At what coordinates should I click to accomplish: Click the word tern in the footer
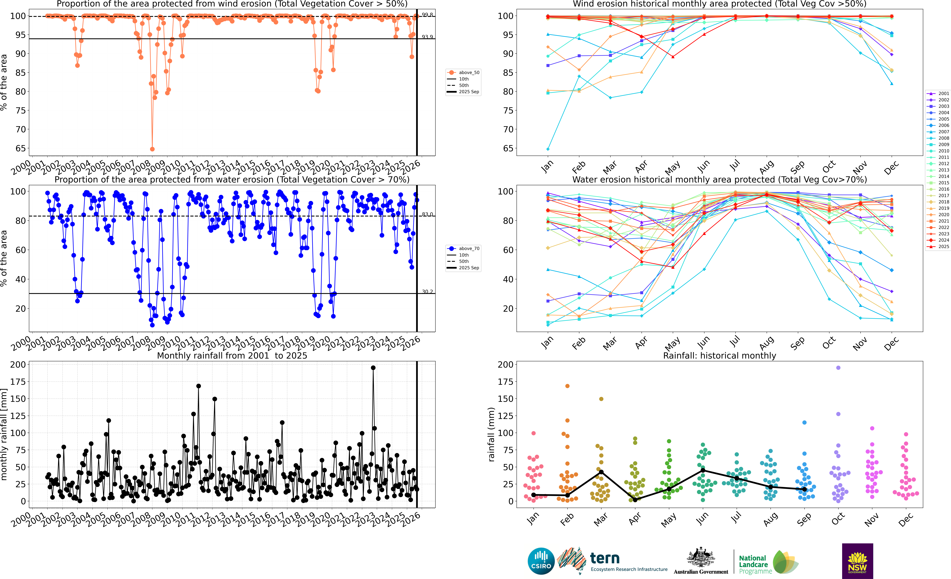tap(605, 558)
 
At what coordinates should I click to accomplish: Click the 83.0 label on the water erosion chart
tap(427, 214)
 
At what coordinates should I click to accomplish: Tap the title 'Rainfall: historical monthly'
tap(719, 356)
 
